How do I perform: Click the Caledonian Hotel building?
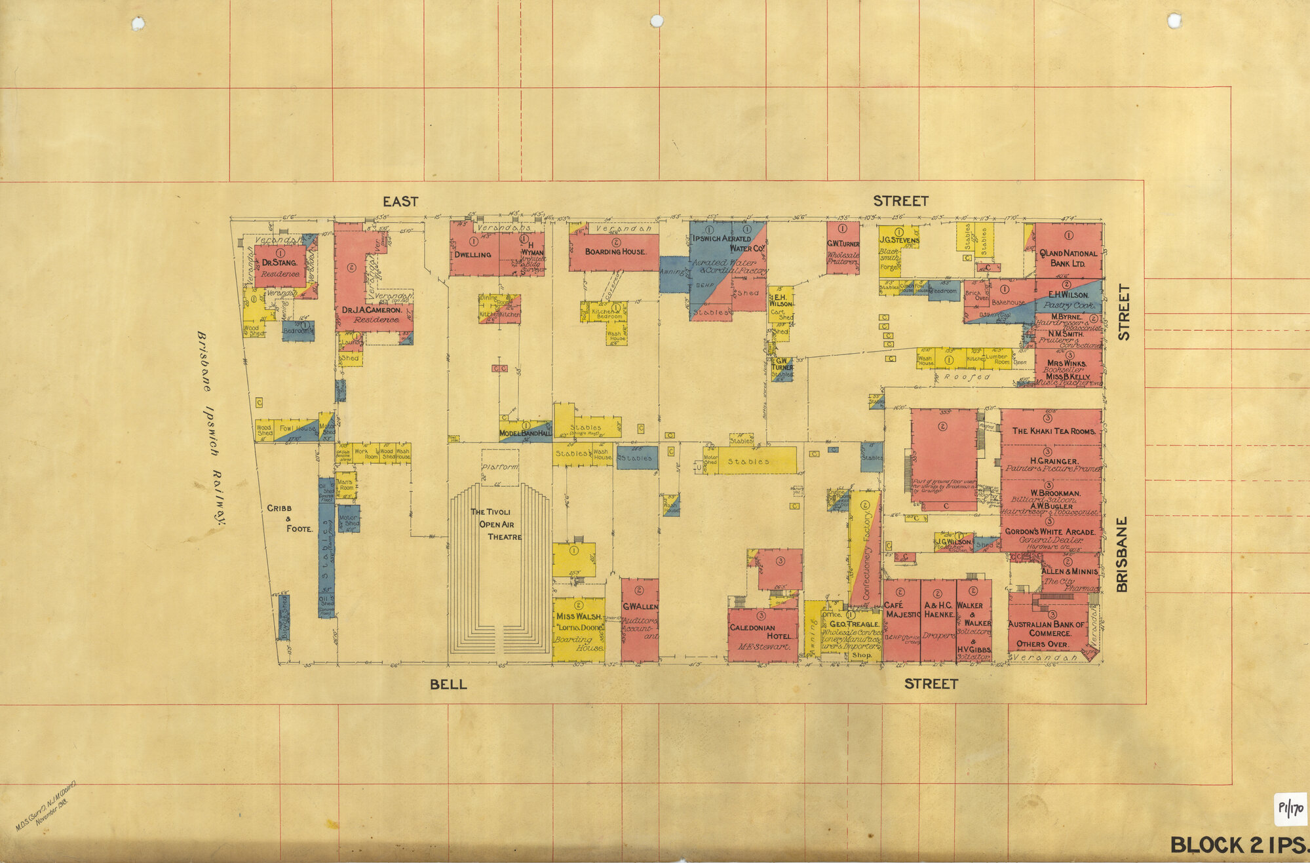point(763,634)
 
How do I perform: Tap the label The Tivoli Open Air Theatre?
point(496,524)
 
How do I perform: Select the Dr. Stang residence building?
point(280,265)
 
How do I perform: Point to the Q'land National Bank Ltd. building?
point(1068,252)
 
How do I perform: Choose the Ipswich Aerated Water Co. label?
point(728,243)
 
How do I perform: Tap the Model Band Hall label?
point(525,433)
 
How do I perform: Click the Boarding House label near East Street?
point(615,252)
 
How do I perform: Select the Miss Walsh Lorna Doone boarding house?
point(578,628)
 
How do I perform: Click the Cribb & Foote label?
point(289,518)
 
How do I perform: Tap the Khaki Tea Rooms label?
point(1053,431)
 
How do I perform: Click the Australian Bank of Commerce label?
point(1049,628)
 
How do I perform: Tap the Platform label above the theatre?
point(500,467)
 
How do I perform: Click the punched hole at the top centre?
point(657,22)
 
